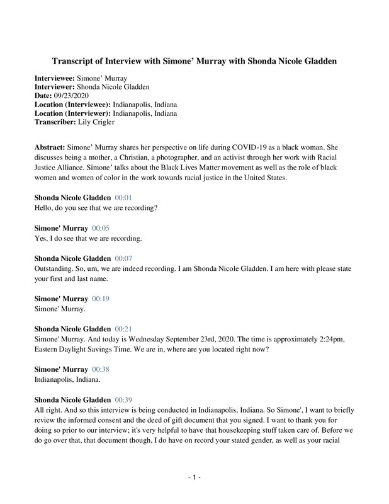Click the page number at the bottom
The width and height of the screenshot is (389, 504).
[x=194, y=478]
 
